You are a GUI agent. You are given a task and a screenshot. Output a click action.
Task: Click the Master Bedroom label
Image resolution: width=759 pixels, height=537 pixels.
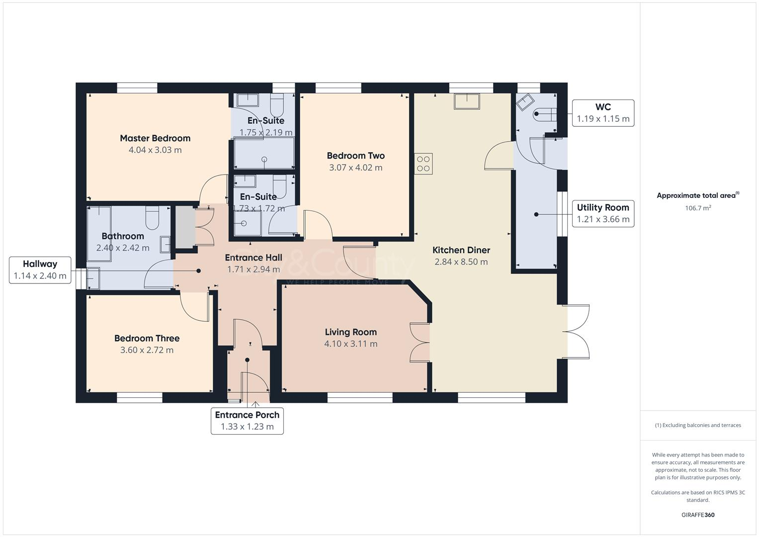155,138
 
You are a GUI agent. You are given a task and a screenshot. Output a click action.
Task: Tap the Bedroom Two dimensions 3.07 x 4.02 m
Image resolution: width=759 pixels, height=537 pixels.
355,168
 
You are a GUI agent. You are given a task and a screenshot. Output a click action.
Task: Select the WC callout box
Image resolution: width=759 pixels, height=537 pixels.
603,113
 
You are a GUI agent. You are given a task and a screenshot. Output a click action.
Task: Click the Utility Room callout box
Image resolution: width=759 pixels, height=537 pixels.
603,213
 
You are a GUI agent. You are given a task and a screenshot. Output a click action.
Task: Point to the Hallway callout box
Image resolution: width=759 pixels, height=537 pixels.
40,270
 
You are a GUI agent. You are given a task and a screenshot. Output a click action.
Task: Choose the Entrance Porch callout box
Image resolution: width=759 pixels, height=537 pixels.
247,421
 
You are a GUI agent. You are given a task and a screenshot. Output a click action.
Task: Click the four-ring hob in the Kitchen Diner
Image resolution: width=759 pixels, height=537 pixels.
423,164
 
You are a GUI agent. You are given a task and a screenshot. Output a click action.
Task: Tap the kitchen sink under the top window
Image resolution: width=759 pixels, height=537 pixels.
467,101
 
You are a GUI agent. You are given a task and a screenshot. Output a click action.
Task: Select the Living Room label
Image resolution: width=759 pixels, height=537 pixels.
350,332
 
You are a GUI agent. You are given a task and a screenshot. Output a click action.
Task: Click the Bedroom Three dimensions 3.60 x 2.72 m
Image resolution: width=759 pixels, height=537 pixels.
147,350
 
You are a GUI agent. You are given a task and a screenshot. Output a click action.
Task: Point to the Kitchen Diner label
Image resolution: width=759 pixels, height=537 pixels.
461,250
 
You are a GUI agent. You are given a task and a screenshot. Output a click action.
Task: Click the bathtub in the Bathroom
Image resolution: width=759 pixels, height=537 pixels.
99,234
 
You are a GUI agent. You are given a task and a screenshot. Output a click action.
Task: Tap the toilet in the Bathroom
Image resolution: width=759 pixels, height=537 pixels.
152,217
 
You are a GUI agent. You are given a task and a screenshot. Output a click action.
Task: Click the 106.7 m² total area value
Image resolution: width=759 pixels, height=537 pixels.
698,208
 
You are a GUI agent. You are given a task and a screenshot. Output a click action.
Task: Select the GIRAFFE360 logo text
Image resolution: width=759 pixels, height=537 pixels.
698,515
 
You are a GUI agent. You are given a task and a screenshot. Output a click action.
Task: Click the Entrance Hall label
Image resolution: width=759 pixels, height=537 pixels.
253,258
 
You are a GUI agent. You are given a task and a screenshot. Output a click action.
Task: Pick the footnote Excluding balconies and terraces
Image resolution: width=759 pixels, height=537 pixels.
698,425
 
